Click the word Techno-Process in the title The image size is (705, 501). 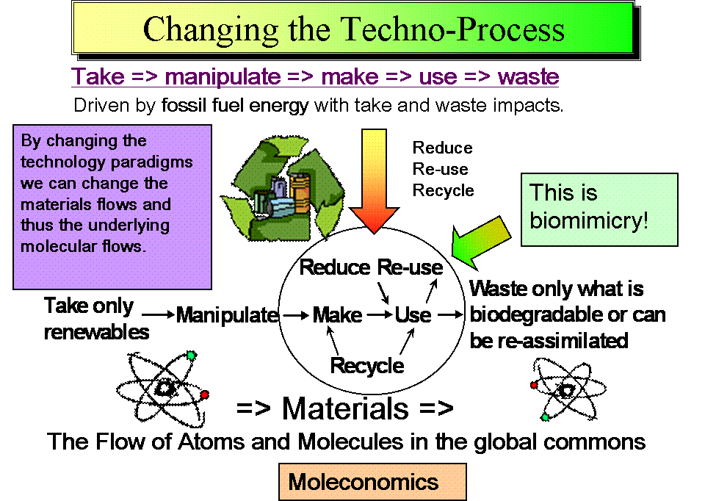click(452, 29)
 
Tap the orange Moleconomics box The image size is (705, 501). click(372, 482)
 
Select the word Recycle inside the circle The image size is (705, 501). click(367, 366)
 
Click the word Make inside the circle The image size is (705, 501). click(337, 315)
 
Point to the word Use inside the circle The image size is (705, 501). click(413, 315)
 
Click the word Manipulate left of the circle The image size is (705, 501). click(228, 315)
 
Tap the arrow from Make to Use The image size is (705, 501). click(380, 315)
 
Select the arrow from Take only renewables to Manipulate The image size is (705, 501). click(158, 314)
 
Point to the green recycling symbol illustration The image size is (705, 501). click(283, 189)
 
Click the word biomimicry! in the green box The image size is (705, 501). click(589, 221)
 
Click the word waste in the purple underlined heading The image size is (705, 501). click(528, 76)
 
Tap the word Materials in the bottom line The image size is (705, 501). click(345, 408)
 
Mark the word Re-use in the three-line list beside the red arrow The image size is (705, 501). click(440, 169)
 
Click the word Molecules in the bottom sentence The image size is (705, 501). click(350, 441)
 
